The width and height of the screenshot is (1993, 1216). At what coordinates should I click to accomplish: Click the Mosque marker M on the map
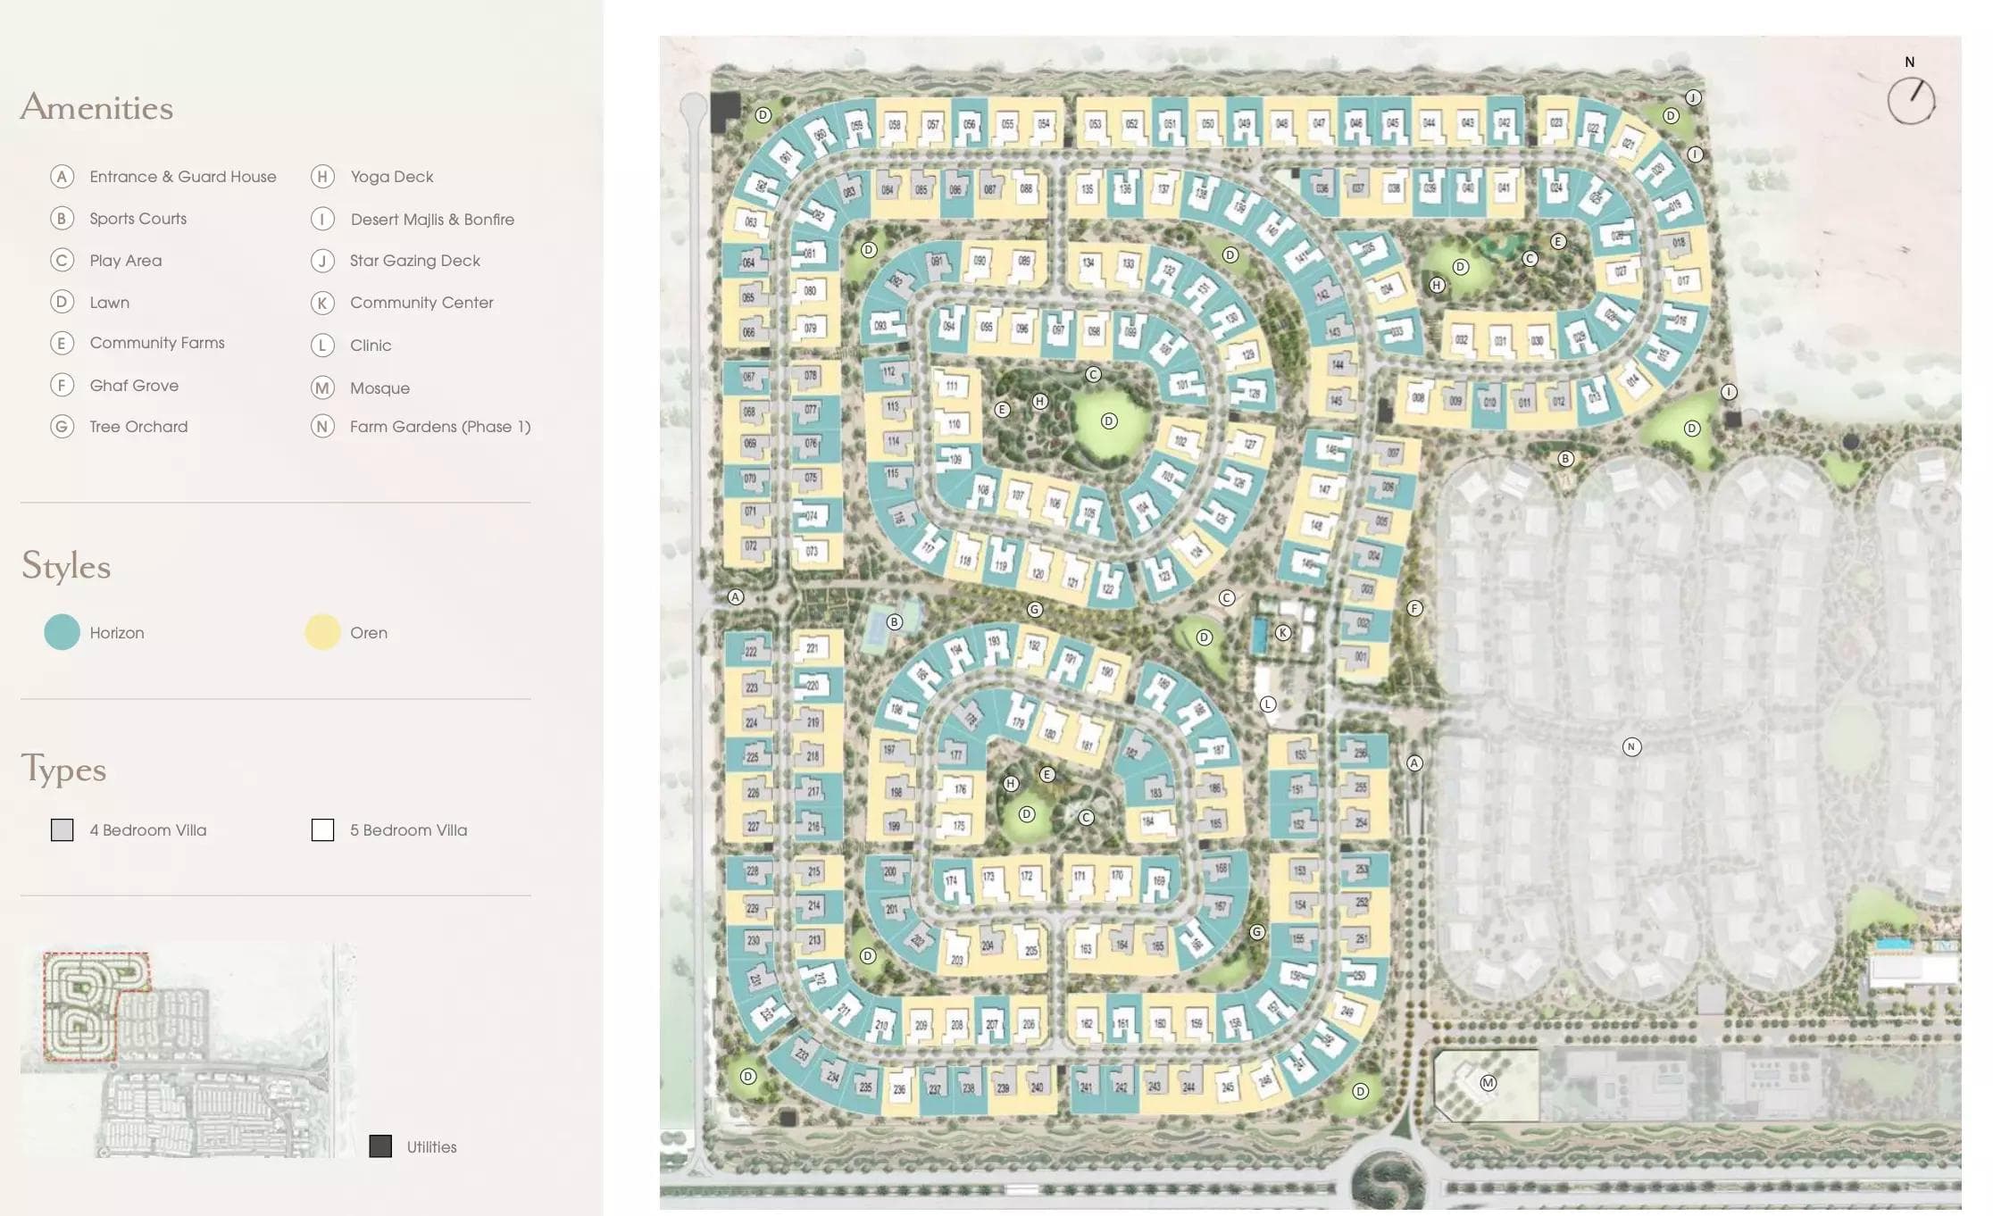click(1488, 1083)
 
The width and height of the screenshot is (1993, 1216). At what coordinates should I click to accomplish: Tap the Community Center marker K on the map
click(1283, 633)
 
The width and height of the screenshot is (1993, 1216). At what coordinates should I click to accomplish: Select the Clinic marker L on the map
click(1268, 704)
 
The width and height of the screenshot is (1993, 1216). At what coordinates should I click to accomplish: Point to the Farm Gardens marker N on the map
click(1631, 746)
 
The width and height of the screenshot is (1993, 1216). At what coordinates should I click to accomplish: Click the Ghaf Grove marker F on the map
click(1414, 609)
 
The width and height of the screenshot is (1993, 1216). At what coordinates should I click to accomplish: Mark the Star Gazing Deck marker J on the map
click(1693, 98)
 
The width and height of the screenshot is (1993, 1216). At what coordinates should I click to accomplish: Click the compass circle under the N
click(1911, 101)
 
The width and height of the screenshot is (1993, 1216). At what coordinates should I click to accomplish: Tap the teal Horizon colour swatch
click(62, 632)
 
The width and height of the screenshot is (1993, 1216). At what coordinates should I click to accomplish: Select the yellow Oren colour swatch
click(322, 632)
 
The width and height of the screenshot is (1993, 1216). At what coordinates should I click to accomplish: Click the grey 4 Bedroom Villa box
click(62, 830)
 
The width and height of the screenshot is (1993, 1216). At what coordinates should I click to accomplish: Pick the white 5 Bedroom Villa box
click(322, 830)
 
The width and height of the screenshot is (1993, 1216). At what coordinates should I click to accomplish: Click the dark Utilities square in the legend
click(380, 1146)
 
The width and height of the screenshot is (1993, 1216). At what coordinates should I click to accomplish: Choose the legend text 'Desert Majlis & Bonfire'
click(432, 220)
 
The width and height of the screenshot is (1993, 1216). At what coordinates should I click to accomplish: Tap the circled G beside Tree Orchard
click(62, 427)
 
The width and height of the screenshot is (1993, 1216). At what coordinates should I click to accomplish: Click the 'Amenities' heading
click(96, 107)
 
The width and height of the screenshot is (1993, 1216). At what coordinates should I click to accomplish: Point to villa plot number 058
click(894, 125)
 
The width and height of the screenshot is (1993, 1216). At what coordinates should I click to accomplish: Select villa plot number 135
click(1087, 189)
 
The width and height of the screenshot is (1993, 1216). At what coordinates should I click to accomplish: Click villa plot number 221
click(812, 648)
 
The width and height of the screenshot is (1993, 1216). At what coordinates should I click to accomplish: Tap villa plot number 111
click(952, 386)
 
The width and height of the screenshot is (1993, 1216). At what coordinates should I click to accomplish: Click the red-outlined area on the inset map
click(85, 1004)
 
